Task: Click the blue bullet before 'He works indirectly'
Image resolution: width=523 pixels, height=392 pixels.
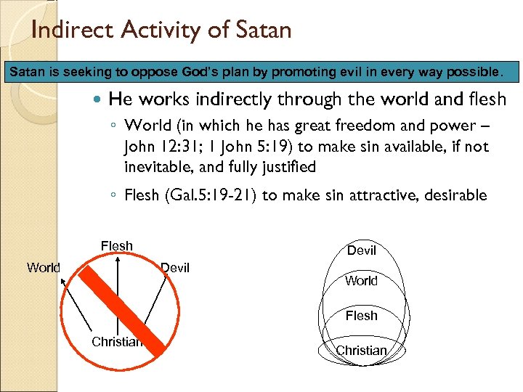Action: [x=99, y=99]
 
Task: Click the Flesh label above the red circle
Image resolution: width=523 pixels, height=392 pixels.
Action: [x=117, y=245]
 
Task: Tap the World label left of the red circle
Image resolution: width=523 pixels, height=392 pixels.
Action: [x=44, y=267]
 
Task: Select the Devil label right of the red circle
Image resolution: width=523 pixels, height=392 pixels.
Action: [x=174, y=268]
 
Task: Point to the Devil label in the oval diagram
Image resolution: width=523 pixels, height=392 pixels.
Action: [x=362, y=250]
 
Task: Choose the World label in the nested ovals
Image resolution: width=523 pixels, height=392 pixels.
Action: [x=362, y=281]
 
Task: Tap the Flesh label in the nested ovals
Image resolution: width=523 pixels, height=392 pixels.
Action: [x=362, y=315]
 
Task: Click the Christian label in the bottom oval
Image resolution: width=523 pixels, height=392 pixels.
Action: [x=361, y=351]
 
